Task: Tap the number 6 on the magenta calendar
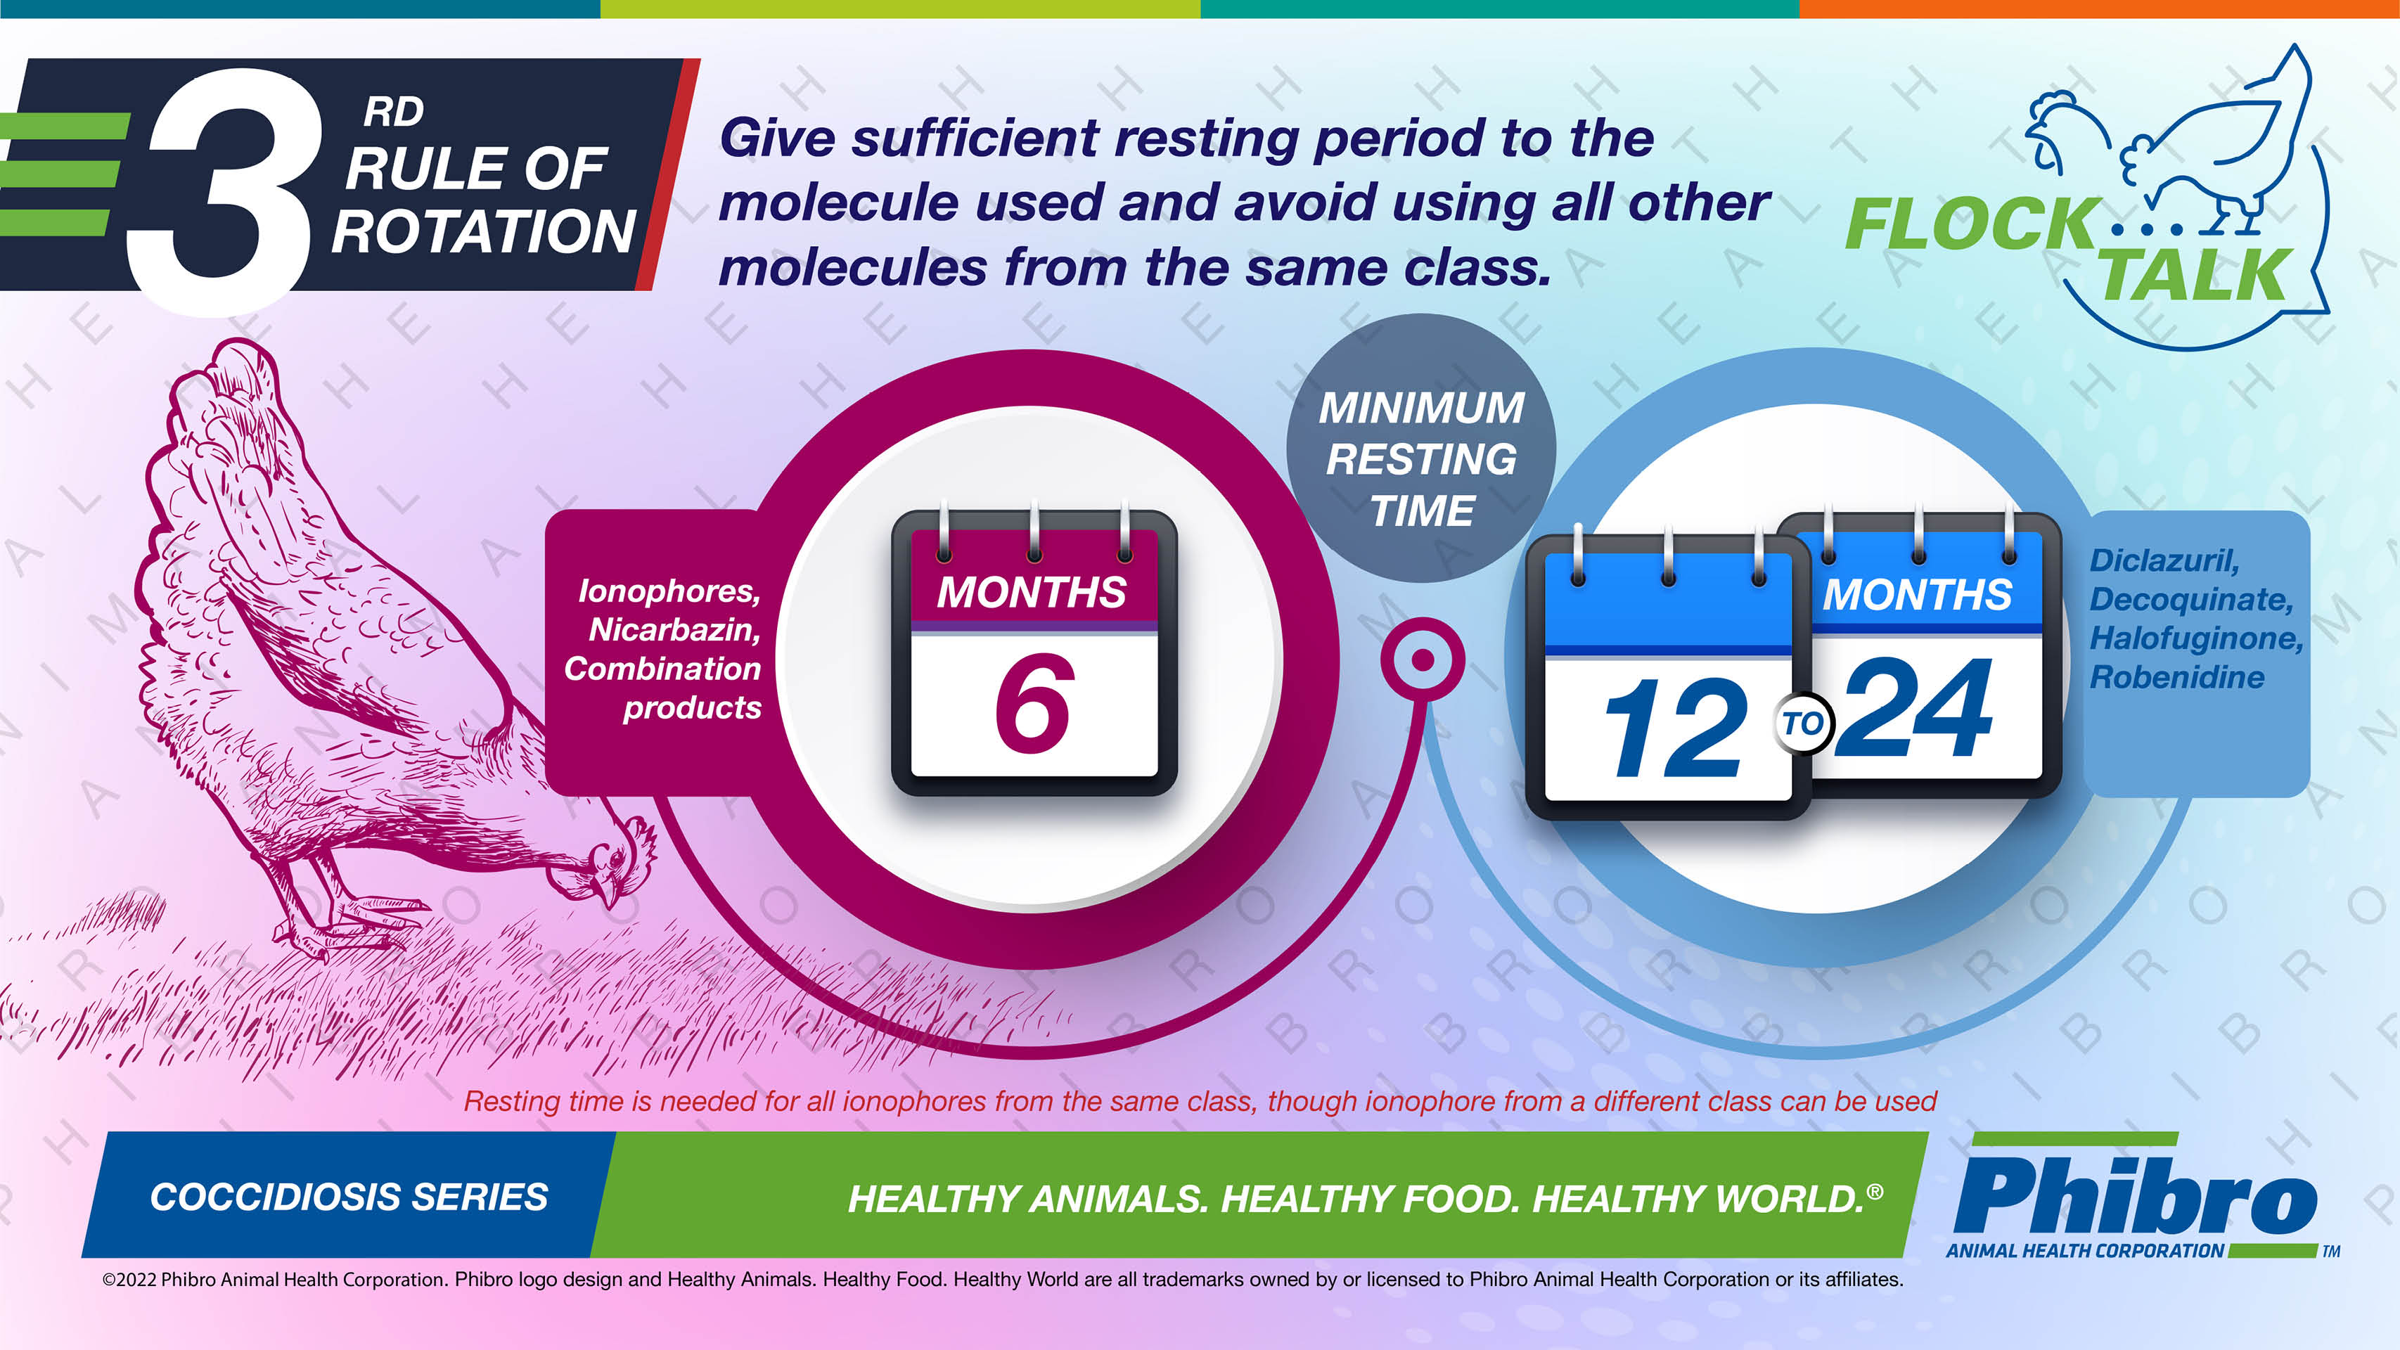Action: (x=1034, y=703)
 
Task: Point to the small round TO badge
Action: (x=1803, y=723)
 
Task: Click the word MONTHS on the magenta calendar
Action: (x=1032, y=593)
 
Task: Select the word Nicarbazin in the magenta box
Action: (x=674, y=630)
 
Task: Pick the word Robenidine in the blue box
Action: (x=2176, y=676)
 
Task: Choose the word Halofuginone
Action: (x=2196, y=638)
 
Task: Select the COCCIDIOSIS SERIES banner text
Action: (x=349, y=1197)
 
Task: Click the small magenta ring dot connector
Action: (x=1422, y=660)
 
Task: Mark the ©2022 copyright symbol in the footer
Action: (x=109, y=1280)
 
